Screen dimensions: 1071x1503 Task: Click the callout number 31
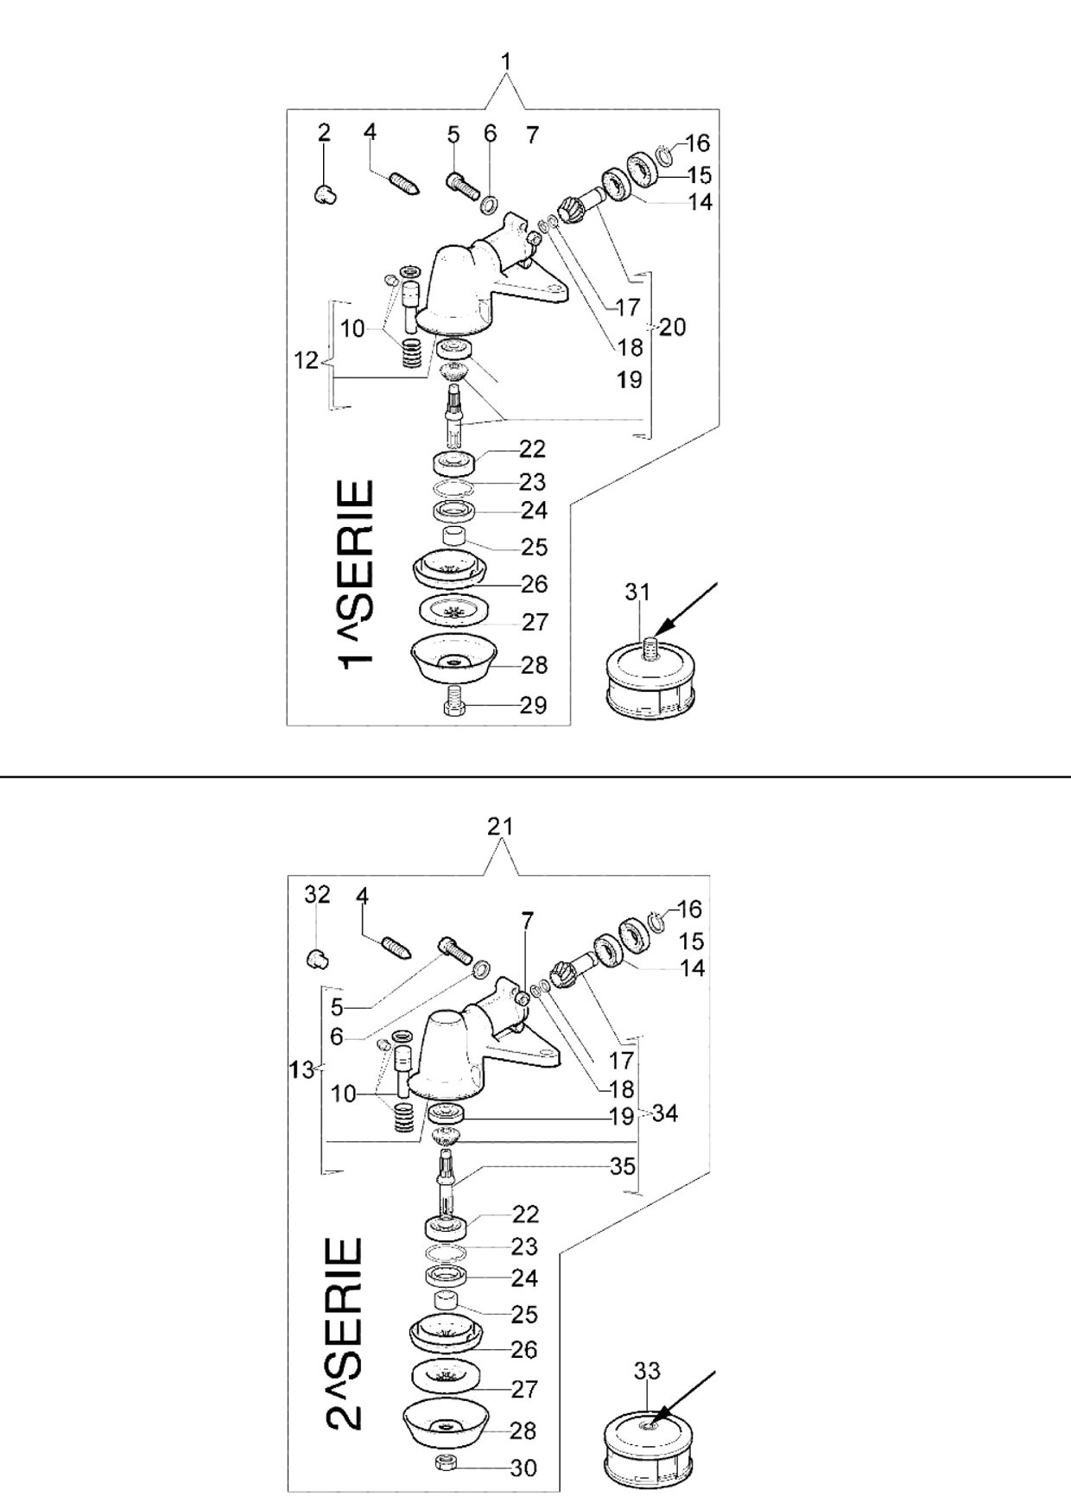[x=637, y=592]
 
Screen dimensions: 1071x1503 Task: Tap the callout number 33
[x=647, y=1370]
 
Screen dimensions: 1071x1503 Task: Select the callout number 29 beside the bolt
[x=533, y=706]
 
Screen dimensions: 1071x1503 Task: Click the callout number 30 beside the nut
[x=523, y=1468]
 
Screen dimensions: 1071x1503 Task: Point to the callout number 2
[x=324, y=132]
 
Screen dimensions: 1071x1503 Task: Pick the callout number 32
[x=318, y=894]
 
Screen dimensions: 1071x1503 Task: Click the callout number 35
[x=623, y=1166]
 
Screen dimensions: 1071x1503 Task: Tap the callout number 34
[x=664, y=1113]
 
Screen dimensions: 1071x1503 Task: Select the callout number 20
[x=672, y=327]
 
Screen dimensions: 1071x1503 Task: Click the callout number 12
[x=307, y=360]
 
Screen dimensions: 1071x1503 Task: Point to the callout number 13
[x=301, y=1069]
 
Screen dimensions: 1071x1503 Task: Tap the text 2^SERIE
[x=345, y=1334]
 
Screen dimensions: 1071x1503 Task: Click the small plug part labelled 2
[x=325, y=194]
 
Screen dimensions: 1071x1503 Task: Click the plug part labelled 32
[x=318, y=957]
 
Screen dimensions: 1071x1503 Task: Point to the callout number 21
[x=500, y=827]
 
